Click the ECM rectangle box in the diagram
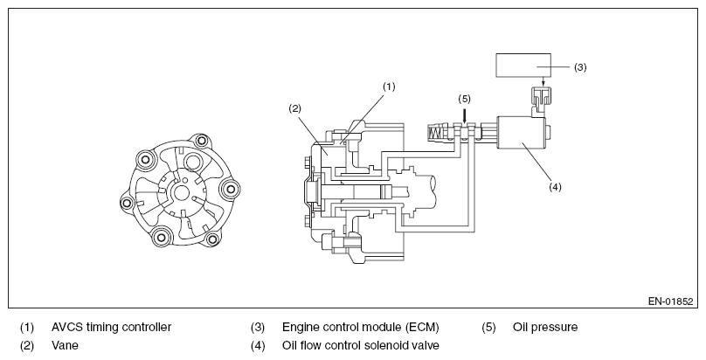coord(523,66)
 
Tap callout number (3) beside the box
coord(580,67)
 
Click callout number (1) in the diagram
coord(389,87)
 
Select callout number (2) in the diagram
coord(295,108)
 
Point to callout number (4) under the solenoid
coord(555,186)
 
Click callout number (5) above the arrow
coord(464,99)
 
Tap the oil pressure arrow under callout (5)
coord(464,115)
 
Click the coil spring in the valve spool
coord(435,133)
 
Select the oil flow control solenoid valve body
coord(521,133)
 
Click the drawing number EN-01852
coord(670,301)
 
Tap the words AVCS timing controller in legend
coord(111,327)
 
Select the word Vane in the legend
coord(65,346)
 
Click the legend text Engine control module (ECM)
coord(361,327)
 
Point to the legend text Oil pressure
coord(545,327)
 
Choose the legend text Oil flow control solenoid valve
coord(361,346)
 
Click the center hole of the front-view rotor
coord(182,192)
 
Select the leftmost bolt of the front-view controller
coord(127,204)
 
